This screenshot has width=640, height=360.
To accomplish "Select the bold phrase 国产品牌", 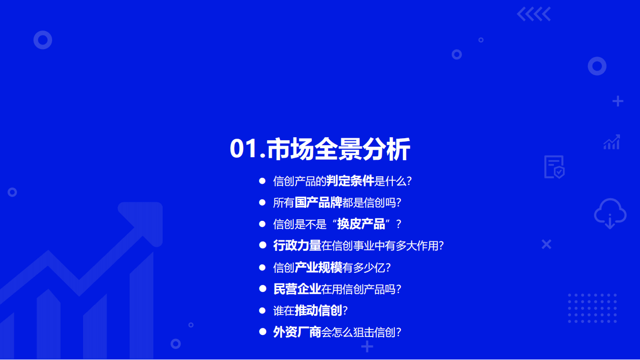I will [x=318, y=203].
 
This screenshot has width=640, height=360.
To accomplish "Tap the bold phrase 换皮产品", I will [x=361, y=224].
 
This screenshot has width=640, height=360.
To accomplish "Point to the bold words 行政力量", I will [x=297, y=246].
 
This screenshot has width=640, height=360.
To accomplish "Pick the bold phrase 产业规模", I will [x=318, y=267].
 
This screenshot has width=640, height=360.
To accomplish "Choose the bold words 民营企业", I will [x=297, y=289].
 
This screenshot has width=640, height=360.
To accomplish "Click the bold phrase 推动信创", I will [x=318, y=310].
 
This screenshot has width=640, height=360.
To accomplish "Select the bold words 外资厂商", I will [x=297, y=332].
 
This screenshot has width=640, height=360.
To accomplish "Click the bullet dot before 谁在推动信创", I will [x=262, y=310].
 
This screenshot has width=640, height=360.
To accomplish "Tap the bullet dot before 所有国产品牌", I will [x=262, y=202].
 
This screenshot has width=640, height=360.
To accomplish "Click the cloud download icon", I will [x=610, y=214].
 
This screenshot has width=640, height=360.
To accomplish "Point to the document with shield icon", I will [x=554, y=167].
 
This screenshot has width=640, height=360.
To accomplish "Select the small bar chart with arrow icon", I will [x=611, y=142].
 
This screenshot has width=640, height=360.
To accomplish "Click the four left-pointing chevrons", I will [x=533, y=14].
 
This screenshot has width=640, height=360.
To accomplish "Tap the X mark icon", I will [x=546, y=244].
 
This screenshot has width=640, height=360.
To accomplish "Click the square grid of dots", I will [x=592, y=308].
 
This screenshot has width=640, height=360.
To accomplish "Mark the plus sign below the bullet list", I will [x=367, y=346].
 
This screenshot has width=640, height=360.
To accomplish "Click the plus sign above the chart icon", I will [x=618, y=102].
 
